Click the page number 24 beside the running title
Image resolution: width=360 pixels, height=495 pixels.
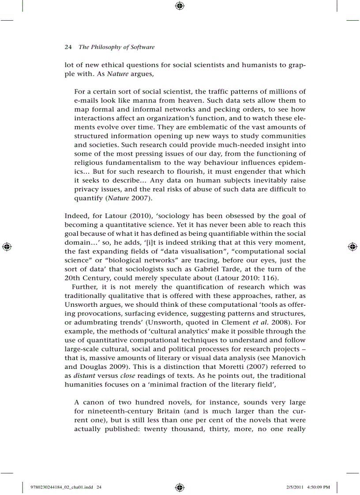(68, 47)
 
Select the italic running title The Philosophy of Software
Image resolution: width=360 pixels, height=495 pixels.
(116, 47)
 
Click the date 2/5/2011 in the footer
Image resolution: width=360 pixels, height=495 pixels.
(292, 487)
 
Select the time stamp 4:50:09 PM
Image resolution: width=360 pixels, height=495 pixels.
(319, 487)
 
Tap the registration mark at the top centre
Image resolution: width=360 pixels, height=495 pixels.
(180, 6)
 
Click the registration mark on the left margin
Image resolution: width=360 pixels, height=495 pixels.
(7, 247)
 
